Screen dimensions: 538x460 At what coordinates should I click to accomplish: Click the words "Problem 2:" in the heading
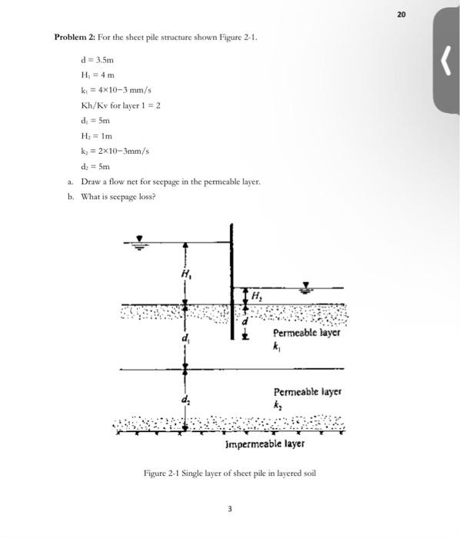(74, 37)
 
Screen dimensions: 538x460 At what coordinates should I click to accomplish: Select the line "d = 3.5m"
(98, 58)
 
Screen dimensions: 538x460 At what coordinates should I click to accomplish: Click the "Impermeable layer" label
(265, 443)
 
